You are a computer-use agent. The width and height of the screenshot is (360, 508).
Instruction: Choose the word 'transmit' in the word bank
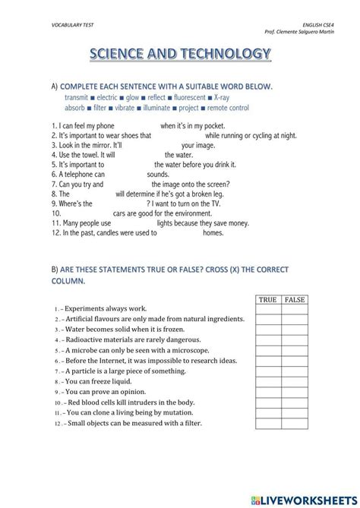77,98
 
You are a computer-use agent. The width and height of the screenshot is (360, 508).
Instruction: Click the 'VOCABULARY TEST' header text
59,25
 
